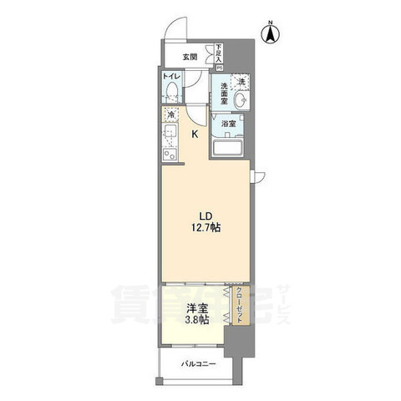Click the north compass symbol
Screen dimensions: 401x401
(270, 33)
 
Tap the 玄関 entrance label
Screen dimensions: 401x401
(190, 57)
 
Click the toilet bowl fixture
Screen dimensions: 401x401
(171, 93)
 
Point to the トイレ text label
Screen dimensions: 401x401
(170, 76)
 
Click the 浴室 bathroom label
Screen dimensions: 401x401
(228, 123)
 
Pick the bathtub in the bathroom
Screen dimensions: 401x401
(230, 148)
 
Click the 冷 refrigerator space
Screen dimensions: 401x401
(171, 115)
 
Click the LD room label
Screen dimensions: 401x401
(203, 212)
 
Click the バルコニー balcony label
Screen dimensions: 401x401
(200, 363)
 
